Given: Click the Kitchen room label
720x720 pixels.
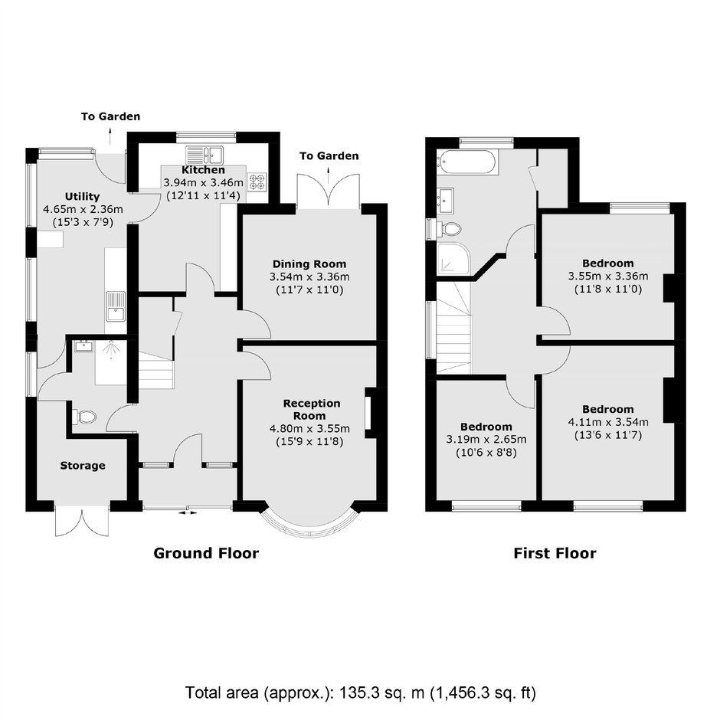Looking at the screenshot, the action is (x=203, y=170).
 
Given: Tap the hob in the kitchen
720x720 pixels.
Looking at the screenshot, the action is (x=257, y=181).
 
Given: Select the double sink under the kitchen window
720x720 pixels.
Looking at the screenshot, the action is (x=205, y=155).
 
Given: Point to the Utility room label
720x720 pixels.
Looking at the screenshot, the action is (x=82, y=197).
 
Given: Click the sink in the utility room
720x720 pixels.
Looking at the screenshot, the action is (x=116, y=306).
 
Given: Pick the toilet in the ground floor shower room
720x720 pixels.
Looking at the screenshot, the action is (x=84, y=417).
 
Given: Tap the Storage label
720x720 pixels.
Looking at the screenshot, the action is (x=83, y=466).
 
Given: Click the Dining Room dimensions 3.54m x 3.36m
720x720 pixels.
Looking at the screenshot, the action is (x=309, y=277).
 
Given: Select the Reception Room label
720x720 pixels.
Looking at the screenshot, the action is (x=311, y=410).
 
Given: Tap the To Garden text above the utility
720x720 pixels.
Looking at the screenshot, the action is (x=110, y=116).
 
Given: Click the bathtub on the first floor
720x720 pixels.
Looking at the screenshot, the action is (x=466, y=162).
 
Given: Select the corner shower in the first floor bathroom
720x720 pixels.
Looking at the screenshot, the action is (x=453, y=259).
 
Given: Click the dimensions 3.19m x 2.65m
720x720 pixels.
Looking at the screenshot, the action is (x=486, y=440).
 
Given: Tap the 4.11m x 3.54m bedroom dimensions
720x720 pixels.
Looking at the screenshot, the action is (x=608, y=422).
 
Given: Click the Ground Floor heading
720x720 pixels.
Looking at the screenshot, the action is (x=206, y=553).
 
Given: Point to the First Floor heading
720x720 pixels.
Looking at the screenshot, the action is (x=555, y=553).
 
